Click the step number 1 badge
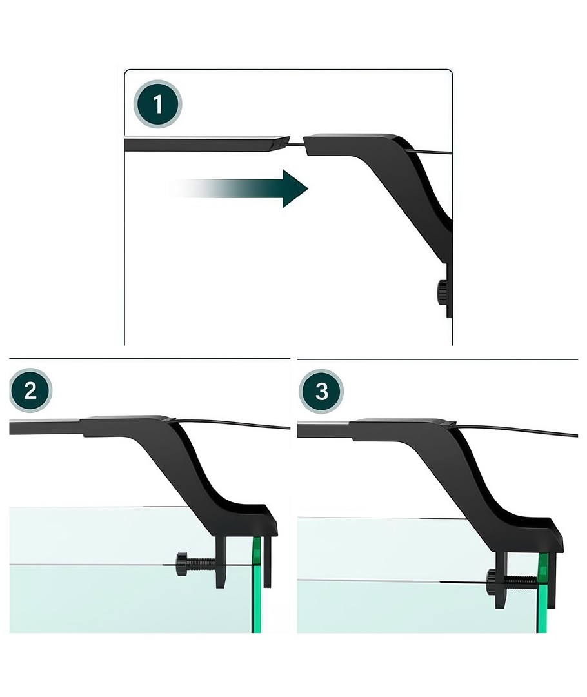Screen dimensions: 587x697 pyautogui.click(x=158, y=104)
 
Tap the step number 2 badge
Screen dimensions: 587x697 pyautogui.click(x=31, y=390)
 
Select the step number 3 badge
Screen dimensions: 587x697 pyautogui.click(x=321, y=391)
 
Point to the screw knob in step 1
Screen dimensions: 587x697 pyautogui.click(x=442, y=292)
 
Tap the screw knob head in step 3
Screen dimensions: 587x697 pyautogui.click(x=492, y=580)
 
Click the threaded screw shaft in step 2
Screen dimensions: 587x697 pyautogui.click(x=201, y=565)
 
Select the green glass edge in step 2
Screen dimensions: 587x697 pyautogui.click(x=256, y=585)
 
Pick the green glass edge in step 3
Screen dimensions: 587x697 pyautogui.click(x=542, y=593)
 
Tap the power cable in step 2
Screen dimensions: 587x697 pyautogui.click(x=231, y=423)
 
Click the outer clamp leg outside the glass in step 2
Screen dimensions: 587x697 pyautogui.click(x=267, y=562)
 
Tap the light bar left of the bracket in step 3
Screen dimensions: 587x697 pyautogui.click(x=324, y=429)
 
